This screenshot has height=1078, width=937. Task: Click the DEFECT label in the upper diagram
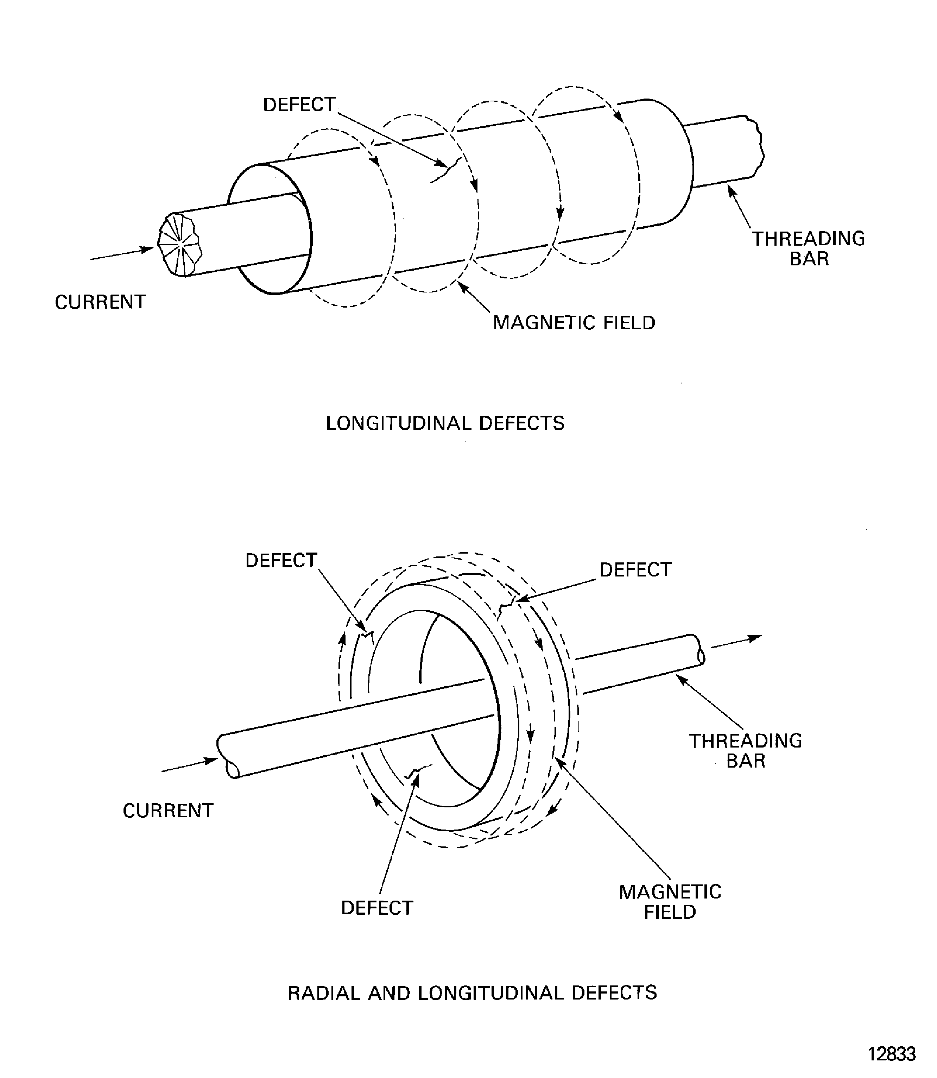pyautogui.click(x=299, y=105)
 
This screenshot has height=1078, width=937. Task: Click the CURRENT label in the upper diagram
pyautogui.click(x=100, y=302)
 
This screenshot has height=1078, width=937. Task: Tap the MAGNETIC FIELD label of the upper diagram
pyautogui.click(x=574, y=323)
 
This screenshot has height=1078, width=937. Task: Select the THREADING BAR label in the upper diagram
pyautogui.click(x=808, y=248)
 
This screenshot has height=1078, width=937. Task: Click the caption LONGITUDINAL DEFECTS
pyautogui.click(x=445, y=423)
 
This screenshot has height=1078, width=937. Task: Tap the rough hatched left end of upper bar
pyautogui.click(x=179, y=245)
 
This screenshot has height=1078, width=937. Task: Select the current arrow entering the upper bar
pyautogui.click(x=121, y=254)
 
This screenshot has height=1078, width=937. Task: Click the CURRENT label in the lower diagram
pyautogui.click(x=168, y=811)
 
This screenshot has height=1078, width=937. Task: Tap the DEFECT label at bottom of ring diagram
pyautogui.click(x=376, y=908)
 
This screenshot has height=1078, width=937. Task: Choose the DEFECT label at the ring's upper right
pyautogui.click(x=635, y=569)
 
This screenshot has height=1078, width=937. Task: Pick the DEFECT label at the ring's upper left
pyautogui.click(x=281, y=561)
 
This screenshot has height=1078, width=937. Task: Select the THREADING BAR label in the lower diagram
pyautogui.click(x=745, y=751)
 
